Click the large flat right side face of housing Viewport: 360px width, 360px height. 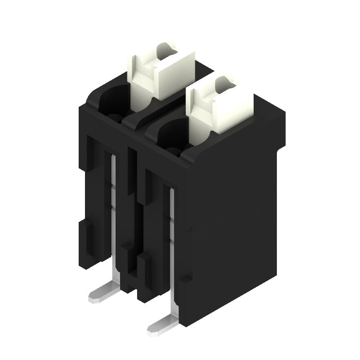point(234,225)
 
